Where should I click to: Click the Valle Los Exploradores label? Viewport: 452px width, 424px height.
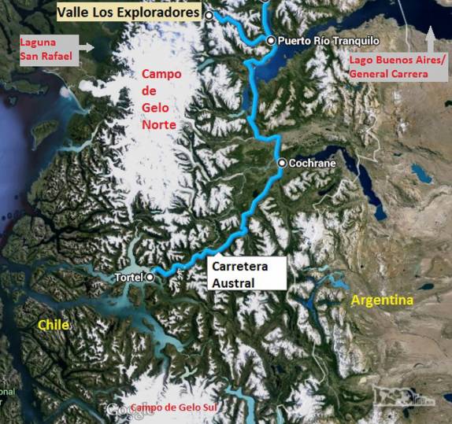pos(128,12)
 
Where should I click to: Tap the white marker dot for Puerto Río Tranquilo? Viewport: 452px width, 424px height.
pos(271,40)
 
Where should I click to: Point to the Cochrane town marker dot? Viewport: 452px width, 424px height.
pos(282,163)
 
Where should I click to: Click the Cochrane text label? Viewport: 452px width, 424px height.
pos(313,163)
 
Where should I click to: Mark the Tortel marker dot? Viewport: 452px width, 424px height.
pos(150,277)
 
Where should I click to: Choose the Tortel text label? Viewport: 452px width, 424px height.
pos(129,277)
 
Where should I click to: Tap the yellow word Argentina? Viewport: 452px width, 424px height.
pos(383,300)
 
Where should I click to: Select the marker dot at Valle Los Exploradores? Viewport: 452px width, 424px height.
pos(209,15)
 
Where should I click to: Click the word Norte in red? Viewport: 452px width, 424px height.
pos(158,125)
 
